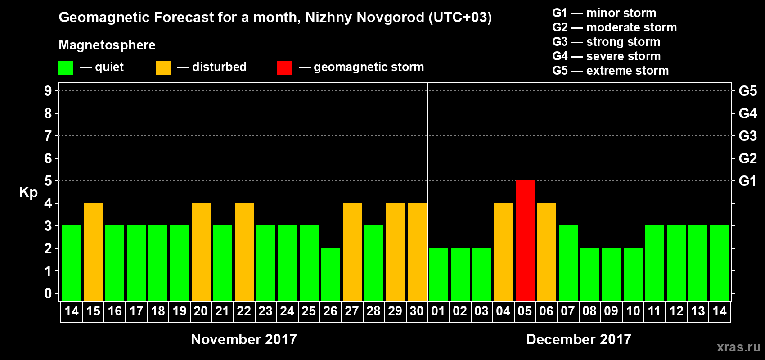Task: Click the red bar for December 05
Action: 525,240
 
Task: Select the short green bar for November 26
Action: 330,274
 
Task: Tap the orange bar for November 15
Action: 93,252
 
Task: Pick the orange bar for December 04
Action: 503,252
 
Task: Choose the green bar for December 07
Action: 568,263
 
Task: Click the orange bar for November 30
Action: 417,252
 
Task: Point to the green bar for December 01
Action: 438,274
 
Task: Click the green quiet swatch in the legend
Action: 66,68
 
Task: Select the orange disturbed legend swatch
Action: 163,68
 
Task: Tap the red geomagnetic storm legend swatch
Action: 284,68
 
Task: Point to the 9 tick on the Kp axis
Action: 48,91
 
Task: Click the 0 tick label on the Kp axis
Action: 48,294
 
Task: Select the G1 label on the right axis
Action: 747,181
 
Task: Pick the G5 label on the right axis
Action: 747,91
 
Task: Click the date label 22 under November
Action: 244,311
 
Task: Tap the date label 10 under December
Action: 633,311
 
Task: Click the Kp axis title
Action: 28,193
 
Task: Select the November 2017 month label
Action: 244,339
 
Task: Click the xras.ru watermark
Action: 738,347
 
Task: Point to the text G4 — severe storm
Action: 606,56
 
